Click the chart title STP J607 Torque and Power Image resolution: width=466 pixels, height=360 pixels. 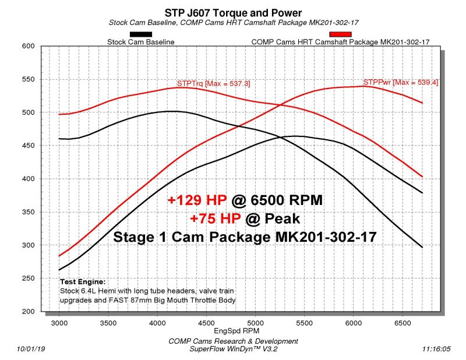tap(233, 11)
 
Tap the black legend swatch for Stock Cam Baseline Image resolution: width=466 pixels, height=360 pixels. tap(141, 34)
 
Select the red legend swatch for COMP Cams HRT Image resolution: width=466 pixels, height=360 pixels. tap(340, 34)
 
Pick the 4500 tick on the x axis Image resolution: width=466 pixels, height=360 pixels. tap(206, 321)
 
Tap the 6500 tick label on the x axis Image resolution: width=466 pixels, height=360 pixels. tap(402, 321)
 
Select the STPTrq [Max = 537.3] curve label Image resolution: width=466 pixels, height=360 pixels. tap(213, 84)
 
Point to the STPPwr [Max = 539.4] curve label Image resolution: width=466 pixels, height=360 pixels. tap(401, 83)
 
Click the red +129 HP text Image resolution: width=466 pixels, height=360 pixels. tap(196, 200)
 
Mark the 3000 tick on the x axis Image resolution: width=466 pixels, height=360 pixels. tap(59, 321)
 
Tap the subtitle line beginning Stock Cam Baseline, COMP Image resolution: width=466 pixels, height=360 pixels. tap(233, 22)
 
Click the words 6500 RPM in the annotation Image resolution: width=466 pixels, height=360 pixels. tap(285, 200)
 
